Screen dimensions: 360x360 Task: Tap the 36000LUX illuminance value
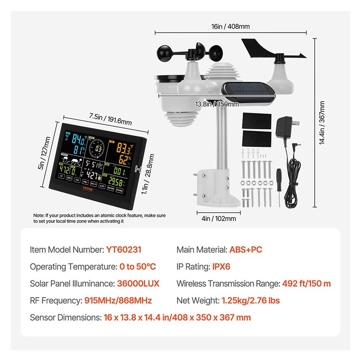(x=138, y=283)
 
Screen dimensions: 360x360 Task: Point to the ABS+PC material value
(x=246, y=249)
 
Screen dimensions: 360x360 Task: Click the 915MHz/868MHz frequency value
(x=118, y=301)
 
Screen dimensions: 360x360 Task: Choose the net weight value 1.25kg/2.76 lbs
(x=251, y=301)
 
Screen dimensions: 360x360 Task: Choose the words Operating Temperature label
(x=72, y=266)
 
